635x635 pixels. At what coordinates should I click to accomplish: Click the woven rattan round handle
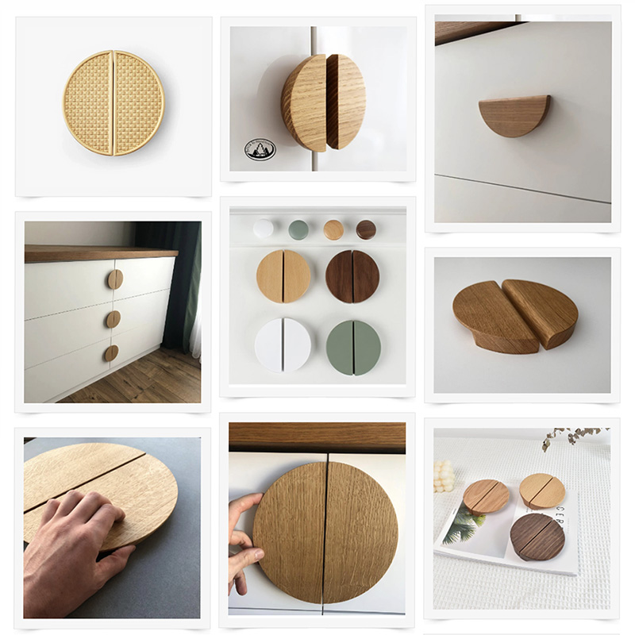pos(114,103)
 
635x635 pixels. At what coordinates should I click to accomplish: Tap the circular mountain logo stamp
pos(260,149)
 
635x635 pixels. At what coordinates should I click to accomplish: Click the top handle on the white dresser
pos(115,279)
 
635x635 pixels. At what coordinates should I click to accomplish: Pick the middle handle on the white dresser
pos(114,319)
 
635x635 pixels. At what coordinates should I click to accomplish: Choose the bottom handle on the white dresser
pos(111,352)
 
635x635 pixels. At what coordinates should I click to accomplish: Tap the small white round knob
pos(263,229)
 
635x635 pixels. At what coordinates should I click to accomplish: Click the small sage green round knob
pos(298,229)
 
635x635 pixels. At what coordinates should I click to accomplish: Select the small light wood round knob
pos(333,229)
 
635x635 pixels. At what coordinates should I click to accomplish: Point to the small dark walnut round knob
pos(366,229)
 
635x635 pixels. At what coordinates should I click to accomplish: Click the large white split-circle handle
pos(283,346)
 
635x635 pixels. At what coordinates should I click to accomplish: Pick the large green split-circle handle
pos(353,347)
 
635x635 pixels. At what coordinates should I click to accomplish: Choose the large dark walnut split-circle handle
pos(352,276)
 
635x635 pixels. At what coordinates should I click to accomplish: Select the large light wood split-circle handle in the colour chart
pos(283,276)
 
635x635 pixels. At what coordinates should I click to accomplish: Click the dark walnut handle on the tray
pos(537,537)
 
